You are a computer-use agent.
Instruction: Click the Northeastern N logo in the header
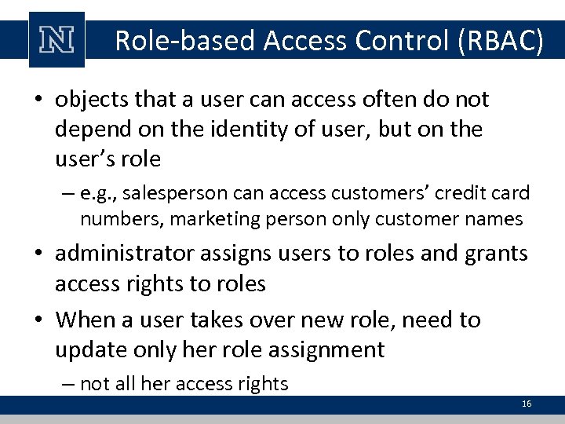[56, 40]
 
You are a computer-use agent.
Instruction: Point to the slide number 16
[527, 404]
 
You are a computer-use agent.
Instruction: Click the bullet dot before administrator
[38, 254]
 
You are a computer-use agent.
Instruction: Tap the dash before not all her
[68, 384]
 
